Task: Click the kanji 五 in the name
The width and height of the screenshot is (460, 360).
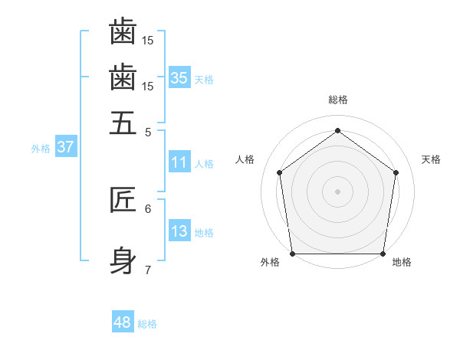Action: click(x=123, y=123)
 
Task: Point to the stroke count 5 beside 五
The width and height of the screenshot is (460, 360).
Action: click(x=148, y=132)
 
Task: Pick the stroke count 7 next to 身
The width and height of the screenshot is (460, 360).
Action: click(x=148, y=270)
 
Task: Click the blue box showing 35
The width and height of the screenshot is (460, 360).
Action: click(x=179, y=78)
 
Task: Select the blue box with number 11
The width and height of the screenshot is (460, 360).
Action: click(x=179, y=162)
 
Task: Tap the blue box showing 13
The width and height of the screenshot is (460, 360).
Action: click(x=179, y=231)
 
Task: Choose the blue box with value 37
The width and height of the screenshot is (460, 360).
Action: click(x=65, y=147)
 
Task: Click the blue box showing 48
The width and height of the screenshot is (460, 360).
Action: click(x=123, y=322)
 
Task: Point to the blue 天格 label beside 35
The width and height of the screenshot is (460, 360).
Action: click(x=204, y=80)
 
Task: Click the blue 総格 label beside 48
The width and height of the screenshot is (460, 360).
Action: click(x=147, y=324)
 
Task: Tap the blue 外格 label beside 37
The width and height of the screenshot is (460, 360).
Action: click(x=41, y=149)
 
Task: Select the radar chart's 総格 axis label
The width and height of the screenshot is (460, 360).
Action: click(x=337, y=100)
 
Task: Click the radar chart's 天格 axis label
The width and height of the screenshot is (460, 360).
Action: click(x=431, y=159)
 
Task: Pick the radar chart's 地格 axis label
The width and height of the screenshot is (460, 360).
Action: click(x=402, y=263)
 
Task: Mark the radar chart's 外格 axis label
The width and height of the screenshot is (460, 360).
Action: click(x=270, y=263)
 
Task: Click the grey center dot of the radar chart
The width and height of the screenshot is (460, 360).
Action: click(x=337, y=191)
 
